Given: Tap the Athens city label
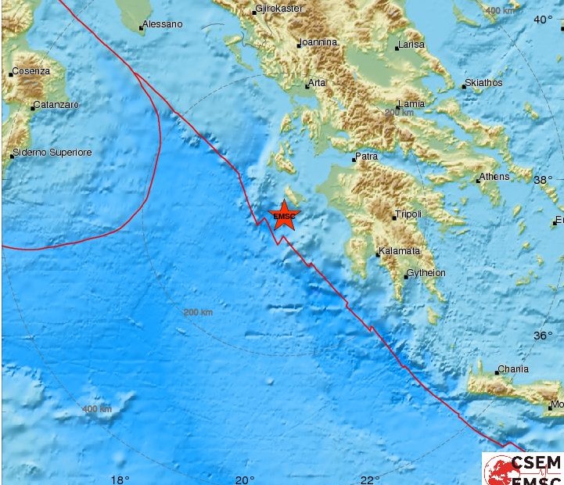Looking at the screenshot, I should [x=494, y=177].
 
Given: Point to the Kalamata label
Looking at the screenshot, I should [x=399, y=251].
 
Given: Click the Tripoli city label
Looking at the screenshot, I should [x=408, y=214].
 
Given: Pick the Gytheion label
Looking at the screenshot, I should [x=426, y=273].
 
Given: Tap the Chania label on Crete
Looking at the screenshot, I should [x=513, y=369].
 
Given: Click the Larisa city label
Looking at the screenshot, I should [x=411, y=45].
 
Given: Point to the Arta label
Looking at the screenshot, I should [x=317, y=82].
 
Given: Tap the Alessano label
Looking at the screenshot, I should [x=163, y=24].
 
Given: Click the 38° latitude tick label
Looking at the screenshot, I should [x=543, y=179].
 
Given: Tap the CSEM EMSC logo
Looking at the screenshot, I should [x=523, y=469].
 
